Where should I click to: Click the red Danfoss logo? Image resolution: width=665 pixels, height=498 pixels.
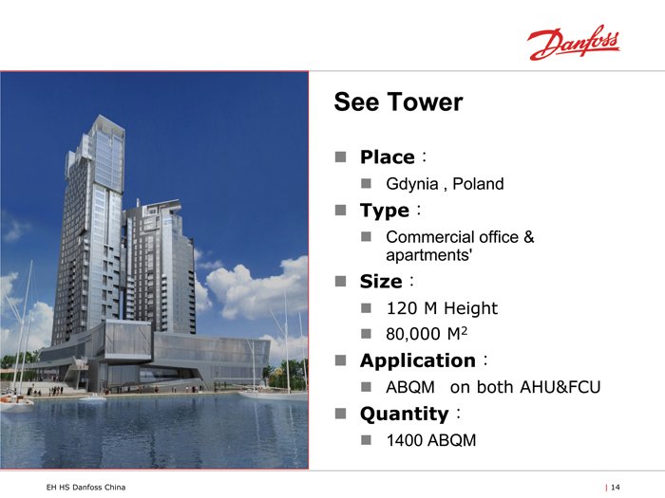click(x=574, y=43)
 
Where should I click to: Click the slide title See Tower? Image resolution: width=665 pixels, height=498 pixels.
click(x=398, y=102)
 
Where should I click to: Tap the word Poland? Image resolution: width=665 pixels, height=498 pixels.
click(x=478, y=184)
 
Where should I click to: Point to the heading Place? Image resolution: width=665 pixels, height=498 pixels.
click(x=388, y=157)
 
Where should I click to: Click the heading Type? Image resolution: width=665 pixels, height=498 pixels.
click(x=385, y=211)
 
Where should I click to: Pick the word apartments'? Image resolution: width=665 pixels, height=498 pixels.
click(x=429, y=255)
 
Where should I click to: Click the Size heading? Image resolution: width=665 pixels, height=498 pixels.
click(x=381, y=282)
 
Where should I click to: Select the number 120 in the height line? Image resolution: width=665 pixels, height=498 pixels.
click(x=402, y=308)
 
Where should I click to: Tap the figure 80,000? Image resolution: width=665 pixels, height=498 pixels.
click(x=413, y=334)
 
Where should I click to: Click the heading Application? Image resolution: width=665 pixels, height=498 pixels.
click(x=418, y=360)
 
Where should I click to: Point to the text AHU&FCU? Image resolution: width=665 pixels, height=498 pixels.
click(x=560, y=387)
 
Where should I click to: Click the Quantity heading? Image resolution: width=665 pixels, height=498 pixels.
click(x=404, y=415)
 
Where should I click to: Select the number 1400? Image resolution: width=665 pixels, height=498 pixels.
click(x=405, y=440)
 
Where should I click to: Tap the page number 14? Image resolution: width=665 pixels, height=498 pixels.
click(x=616, y=488)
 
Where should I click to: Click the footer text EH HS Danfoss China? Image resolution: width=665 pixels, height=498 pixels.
click(x=85, y=488)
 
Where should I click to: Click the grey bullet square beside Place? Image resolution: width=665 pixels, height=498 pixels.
click(x=340, y=157)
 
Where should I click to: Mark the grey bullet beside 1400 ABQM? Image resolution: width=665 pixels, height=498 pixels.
click(x=366, y=440)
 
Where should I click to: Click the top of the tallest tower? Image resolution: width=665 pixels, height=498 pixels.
click(x=100, y=116)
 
